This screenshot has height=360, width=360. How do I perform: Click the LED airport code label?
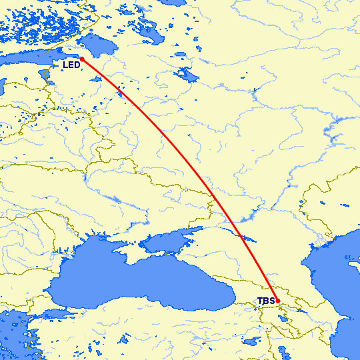(71, 65)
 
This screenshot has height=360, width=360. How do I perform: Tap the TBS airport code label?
(265, 301)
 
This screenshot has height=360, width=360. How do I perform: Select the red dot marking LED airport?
(82, 59)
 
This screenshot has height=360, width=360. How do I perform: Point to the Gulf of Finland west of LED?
(33, 60)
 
